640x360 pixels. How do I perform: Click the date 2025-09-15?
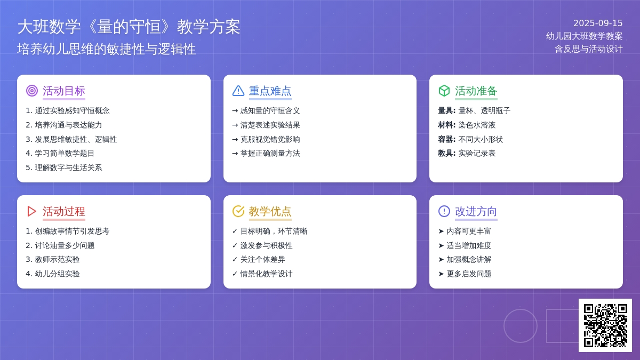coord(598,23)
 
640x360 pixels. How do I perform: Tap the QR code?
coord(605,325)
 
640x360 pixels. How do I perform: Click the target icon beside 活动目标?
coord(32,91)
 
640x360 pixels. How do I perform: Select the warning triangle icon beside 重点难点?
coord(238,91)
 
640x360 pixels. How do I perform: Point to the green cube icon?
coord(444,91)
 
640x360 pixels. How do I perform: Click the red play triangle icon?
coord(31,211)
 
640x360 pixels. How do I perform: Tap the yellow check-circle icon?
coord(238,211)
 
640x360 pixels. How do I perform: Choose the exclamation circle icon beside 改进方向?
coord(444,211)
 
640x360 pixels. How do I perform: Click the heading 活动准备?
coord(476,91)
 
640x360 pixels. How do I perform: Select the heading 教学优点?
coord(270,211)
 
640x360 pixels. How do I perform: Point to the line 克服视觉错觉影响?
coord(270,139)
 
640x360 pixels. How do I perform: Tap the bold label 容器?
coord(446,139)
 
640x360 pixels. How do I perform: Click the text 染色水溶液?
coord(477,125)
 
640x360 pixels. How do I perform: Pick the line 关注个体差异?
coord(262,259)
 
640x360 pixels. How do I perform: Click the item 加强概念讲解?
coord(469,259)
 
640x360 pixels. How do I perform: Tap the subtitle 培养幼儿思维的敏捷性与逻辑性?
coord(107,49)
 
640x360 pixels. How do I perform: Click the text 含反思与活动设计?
coord(589,49)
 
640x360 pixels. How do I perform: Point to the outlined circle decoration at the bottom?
coord(504,326)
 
